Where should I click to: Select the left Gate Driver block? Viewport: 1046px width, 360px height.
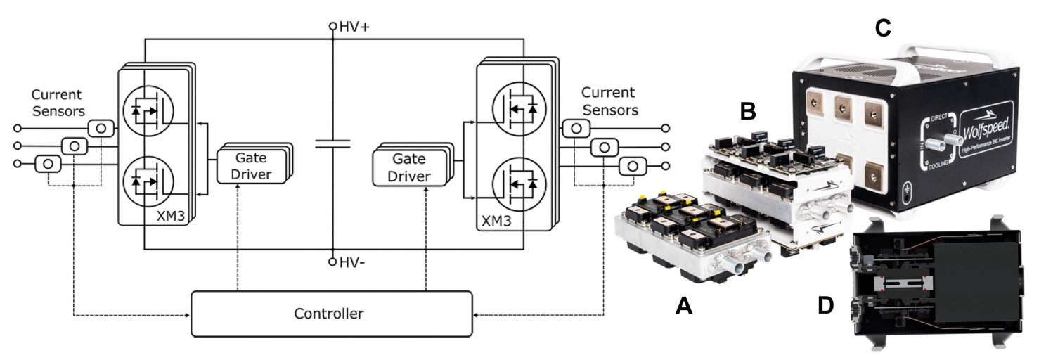[251, 167]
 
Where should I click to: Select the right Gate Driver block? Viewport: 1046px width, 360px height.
[410, 169]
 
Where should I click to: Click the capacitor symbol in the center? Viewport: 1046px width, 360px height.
[332, 144]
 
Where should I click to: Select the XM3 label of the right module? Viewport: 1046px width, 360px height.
[496, 220]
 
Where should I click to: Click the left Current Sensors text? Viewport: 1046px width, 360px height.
[56, 103]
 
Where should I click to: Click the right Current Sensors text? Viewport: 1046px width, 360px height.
[609, 101]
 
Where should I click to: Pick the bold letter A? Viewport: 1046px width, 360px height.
[684, 305]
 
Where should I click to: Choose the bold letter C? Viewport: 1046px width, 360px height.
[882, 28]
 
